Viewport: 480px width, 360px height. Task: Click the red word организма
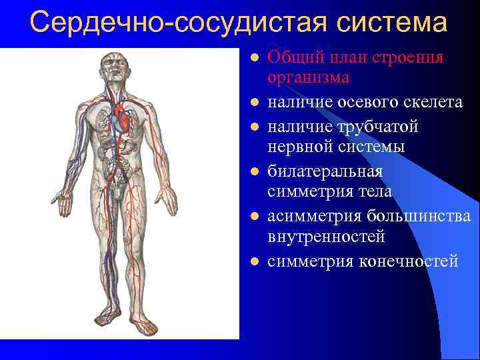pos(308,78)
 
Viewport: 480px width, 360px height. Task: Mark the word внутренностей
pos(326,237)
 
